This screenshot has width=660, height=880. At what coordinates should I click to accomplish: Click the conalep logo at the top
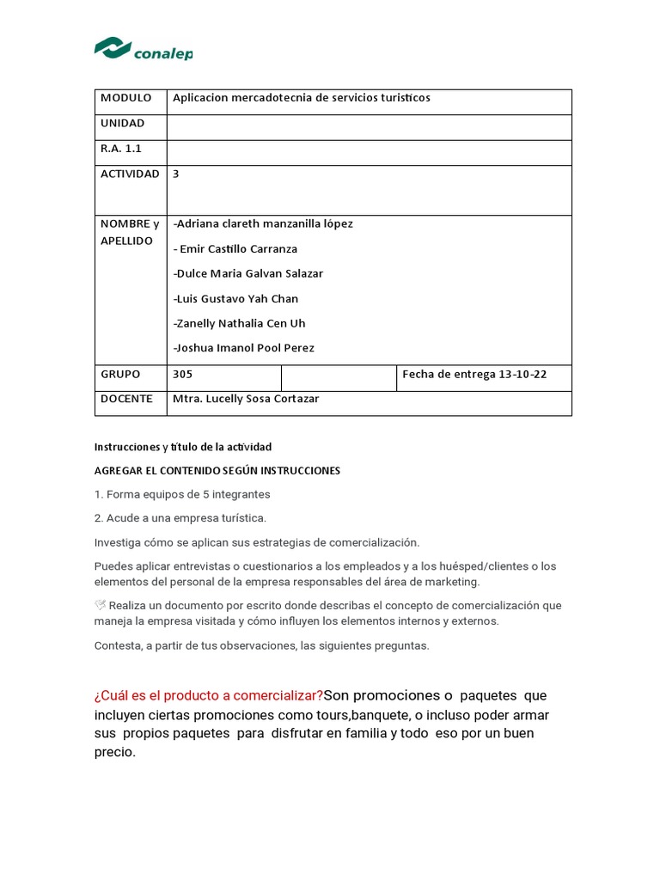(x=143, y=50)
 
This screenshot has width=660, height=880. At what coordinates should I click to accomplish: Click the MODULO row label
(x=125, y=98)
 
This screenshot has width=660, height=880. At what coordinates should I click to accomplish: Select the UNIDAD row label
(x=123, y=124)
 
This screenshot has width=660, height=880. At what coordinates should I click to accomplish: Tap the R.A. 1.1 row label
(x=121, y=149)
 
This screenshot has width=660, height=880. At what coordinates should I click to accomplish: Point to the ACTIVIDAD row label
(x=130, y=174)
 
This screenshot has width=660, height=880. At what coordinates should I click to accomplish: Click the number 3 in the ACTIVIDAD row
(x=176, y=174)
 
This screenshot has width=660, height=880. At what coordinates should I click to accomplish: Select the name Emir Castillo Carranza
(x=235, y=249)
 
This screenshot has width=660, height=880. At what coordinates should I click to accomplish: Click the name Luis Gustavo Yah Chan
(x=235, y=299)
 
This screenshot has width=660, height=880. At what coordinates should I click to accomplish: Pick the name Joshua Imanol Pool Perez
(x=244, y=348)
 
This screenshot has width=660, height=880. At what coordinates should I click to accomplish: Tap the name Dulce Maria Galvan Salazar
(x=248, y=274)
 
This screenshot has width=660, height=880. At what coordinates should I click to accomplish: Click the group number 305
(x=183, y=375)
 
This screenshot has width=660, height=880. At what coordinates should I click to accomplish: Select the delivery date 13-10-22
(x=522, y=375)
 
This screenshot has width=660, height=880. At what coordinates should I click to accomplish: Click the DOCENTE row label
(x=126, y=399)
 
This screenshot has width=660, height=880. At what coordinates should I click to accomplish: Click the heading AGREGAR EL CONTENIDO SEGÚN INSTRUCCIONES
(x=217, y=471)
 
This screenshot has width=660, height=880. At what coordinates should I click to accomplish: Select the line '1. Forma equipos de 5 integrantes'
(x=182, y=495)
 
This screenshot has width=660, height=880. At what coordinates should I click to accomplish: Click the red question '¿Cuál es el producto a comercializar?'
(x=209, y=695)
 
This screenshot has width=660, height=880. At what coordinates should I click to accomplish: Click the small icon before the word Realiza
(x=100, y=605)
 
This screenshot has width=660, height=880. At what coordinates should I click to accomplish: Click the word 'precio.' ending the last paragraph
(x=115, y=752)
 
